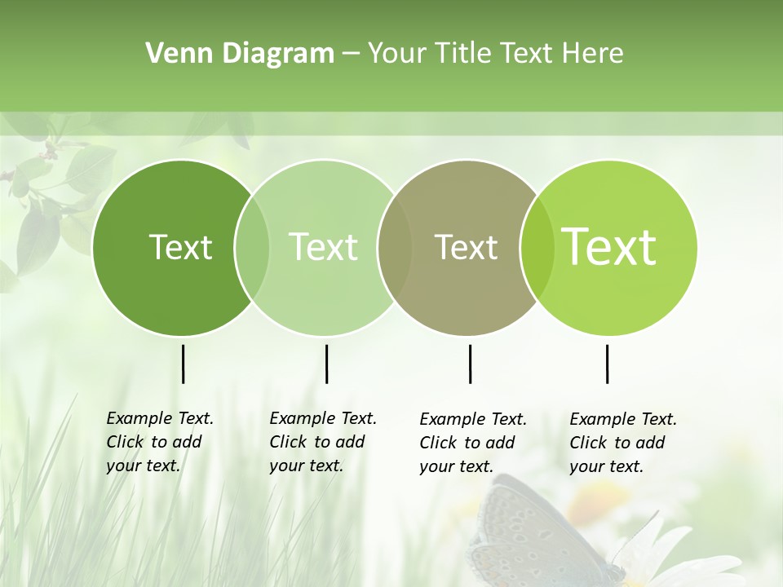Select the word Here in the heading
point(593,54)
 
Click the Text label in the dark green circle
point(180,247)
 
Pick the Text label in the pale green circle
point(323,247)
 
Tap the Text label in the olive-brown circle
point(466,247)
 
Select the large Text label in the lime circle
point(608,247)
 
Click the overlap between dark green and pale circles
point(252,248)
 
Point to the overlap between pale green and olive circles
point(395,248)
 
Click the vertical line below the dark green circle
point(183,364)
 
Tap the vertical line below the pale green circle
point(326,364)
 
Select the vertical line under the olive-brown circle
point(470,364)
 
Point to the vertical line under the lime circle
point(607,364)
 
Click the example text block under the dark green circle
point(160,442)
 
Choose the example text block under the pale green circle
point(323,442)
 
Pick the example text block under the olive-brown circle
point(473,443)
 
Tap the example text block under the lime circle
point(623,443)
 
